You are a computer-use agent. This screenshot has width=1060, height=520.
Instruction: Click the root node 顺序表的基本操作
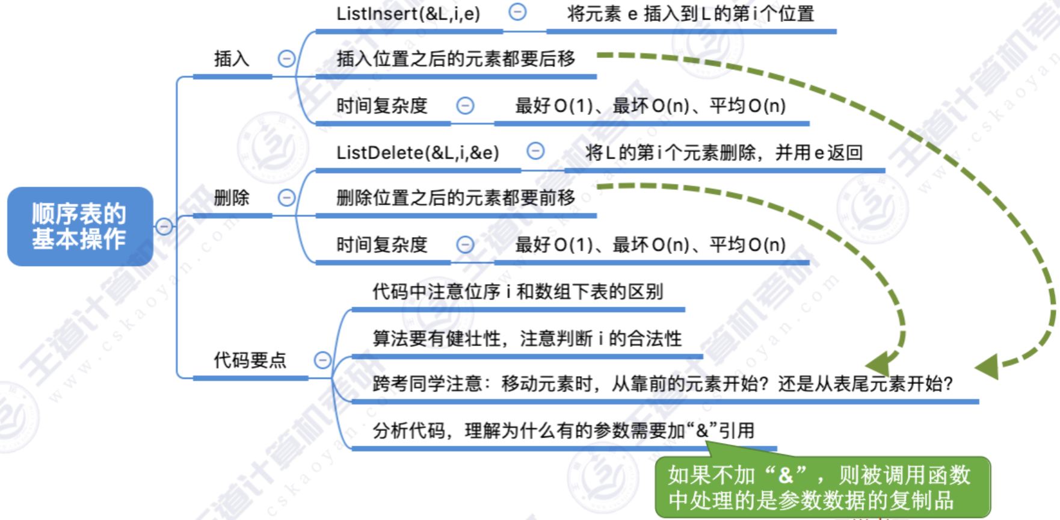pos(80,226)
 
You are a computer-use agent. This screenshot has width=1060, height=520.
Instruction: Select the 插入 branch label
pos(232,59)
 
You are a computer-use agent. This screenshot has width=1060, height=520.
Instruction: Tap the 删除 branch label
pos(232,197)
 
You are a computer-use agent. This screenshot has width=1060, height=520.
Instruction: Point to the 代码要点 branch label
pos(250,360)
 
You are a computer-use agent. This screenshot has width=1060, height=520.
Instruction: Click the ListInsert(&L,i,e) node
pos(408,13)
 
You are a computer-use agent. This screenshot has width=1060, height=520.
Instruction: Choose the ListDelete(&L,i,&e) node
pos(418,152)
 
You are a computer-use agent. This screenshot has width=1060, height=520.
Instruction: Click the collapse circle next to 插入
pos(286,59)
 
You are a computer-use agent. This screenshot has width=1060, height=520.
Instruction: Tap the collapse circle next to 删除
pos(286,197)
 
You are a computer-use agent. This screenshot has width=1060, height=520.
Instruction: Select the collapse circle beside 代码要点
pos(323,360)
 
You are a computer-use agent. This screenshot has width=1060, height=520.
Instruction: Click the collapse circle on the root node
pos(164,226)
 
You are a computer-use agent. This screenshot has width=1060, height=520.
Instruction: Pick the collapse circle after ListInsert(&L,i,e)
pos(517,12)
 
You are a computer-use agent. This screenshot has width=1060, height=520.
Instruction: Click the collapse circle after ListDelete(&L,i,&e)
pos(535,151)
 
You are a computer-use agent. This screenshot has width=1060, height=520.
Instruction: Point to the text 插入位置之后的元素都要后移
pos(455,59)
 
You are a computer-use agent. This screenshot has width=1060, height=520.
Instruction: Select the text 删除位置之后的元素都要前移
pos(455,197)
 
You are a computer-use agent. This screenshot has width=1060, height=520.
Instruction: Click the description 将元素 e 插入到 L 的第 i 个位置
pos(691,13)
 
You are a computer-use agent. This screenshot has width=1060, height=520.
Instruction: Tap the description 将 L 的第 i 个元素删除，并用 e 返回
pos(724,152)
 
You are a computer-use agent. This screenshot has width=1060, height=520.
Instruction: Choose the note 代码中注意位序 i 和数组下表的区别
pos(517,292)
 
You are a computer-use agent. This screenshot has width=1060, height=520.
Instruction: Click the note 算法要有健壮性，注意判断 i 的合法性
pos(527,338)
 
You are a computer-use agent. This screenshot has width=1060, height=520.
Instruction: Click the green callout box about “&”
pos(822,487)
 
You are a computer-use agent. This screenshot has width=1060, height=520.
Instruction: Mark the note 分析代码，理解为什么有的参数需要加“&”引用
pos(563,430)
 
